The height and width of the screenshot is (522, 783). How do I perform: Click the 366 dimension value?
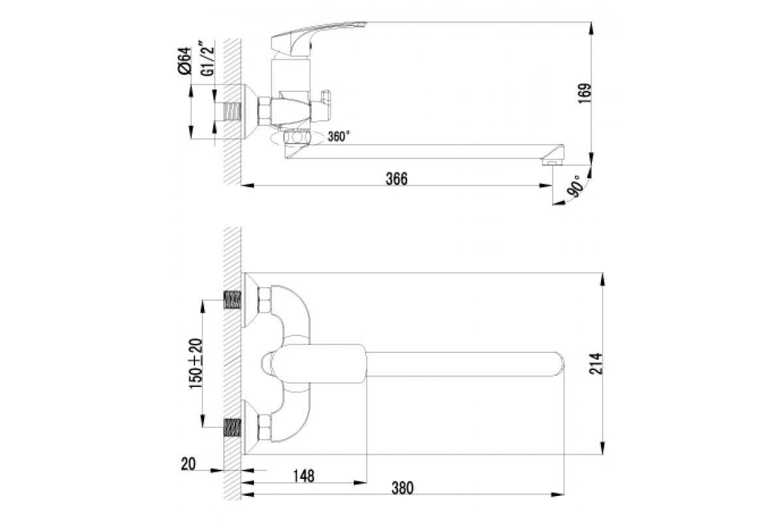pos(397,179)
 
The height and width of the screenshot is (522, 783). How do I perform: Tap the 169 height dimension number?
pos(585,93)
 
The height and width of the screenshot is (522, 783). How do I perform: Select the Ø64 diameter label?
pos(185,61)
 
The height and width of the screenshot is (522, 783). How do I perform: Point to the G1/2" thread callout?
pos(207,59)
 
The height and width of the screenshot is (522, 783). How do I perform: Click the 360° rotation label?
pos(339,136)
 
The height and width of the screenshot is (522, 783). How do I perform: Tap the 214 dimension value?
pos(596,364)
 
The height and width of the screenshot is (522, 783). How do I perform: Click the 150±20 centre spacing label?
pos(196,363)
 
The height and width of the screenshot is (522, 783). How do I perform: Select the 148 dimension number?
pos(303,476)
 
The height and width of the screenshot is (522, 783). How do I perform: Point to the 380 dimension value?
pos(403,488)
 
